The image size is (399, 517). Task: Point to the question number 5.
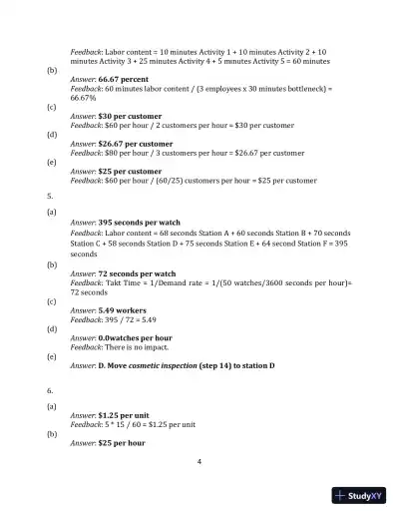(50, 196)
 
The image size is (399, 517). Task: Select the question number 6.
(50, 391)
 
